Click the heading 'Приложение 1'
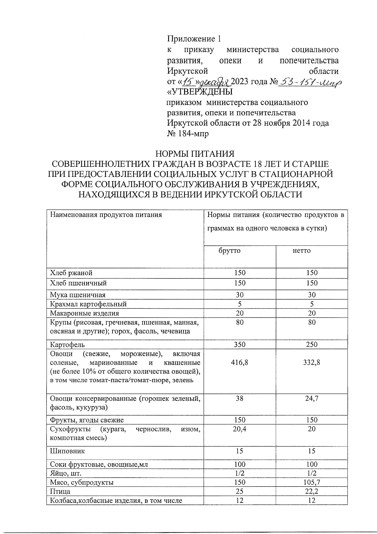tap(194, 39)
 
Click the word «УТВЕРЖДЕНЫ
tap(199, 92)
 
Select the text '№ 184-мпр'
tap(188, 133)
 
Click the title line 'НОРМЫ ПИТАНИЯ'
tap(195, 154)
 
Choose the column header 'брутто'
tap(229, 250)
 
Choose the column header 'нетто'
tap(301, 250)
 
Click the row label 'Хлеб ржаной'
tap(71, 273)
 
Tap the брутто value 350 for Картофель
tap(240, 344)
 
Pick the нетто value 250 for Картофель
tap(312, 344)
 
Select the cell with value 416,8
tap(240, 362)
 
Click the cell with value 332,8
tap(312, 362)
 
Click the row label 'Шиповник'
tap(68, 451)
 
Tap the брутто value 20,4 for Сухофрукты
tap(240, 429)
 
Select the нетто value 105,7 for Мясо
tap(312, 482)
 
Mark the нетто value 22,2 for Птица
tap(312, 492)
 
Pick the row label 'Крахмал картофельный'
tap(88, 304)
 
